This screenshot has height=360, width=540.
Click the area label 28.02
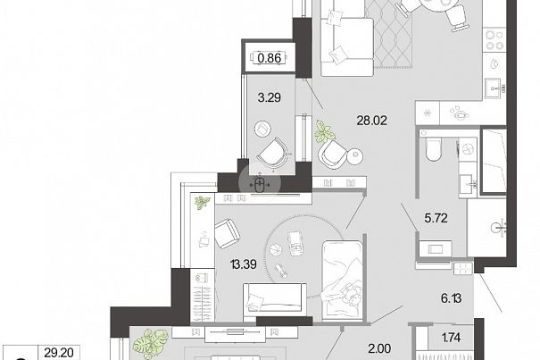pos(372,121)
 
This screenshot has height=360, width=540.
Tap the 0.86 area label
pos(270,58)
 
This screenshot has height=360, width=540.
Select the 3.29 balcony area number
pos(270,98)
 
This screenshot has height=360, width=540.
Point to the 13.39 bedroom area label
pos(244,264)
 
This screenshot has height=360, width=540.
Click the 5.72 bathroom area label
pos(436,218)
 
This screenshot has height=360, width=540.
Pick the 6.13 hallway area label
pos(451,298)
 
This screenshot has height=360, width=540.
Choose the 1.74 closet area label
pos(451,337)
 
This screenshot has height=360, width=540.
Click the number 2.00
pos(379,348)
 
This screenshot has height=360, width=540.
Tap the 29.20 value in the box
pos(59,353)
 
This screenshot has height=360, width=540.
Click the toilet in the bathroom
pos(433,149)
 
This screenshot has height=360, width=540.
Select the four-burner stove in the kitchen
pos(494,40)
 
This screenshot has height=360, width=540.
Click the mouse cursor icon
pos(260,185)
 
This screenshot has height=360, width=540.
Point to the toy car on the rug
pos(295,244)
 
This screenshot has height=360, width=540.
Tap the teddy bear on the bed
pos(352,294)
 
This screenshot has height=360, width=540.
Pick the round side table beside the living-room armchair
pos(355,155)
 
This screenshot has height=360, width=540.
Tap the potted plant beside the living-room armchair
pos(324,131)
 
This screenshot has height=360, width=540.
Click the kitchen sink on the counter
pos(494,88)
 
